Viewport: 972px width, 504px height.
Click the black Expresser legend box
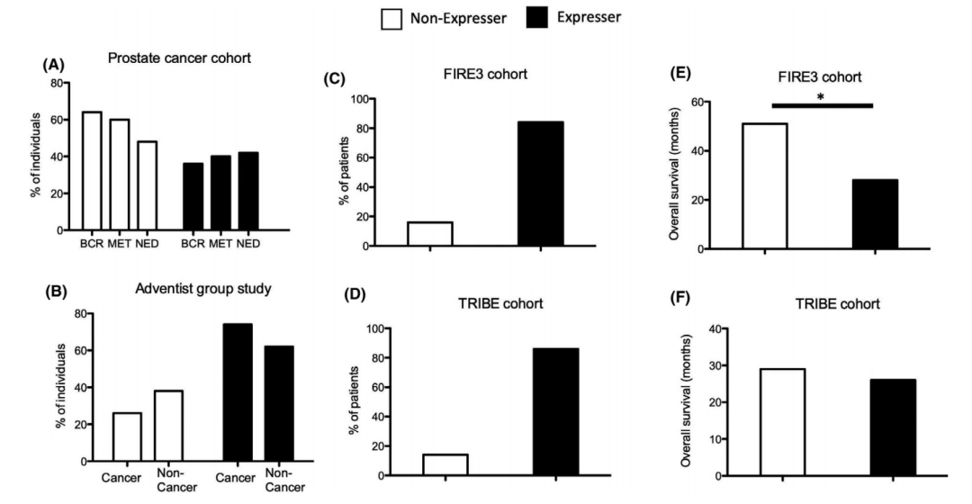[535, 17]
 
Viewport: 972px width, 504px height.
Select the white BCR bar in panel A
[92, 171]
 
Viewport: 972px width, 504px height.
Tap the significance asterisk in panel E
[821, 96]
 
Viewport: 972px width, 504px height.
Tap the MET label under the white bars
[120, 244]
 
